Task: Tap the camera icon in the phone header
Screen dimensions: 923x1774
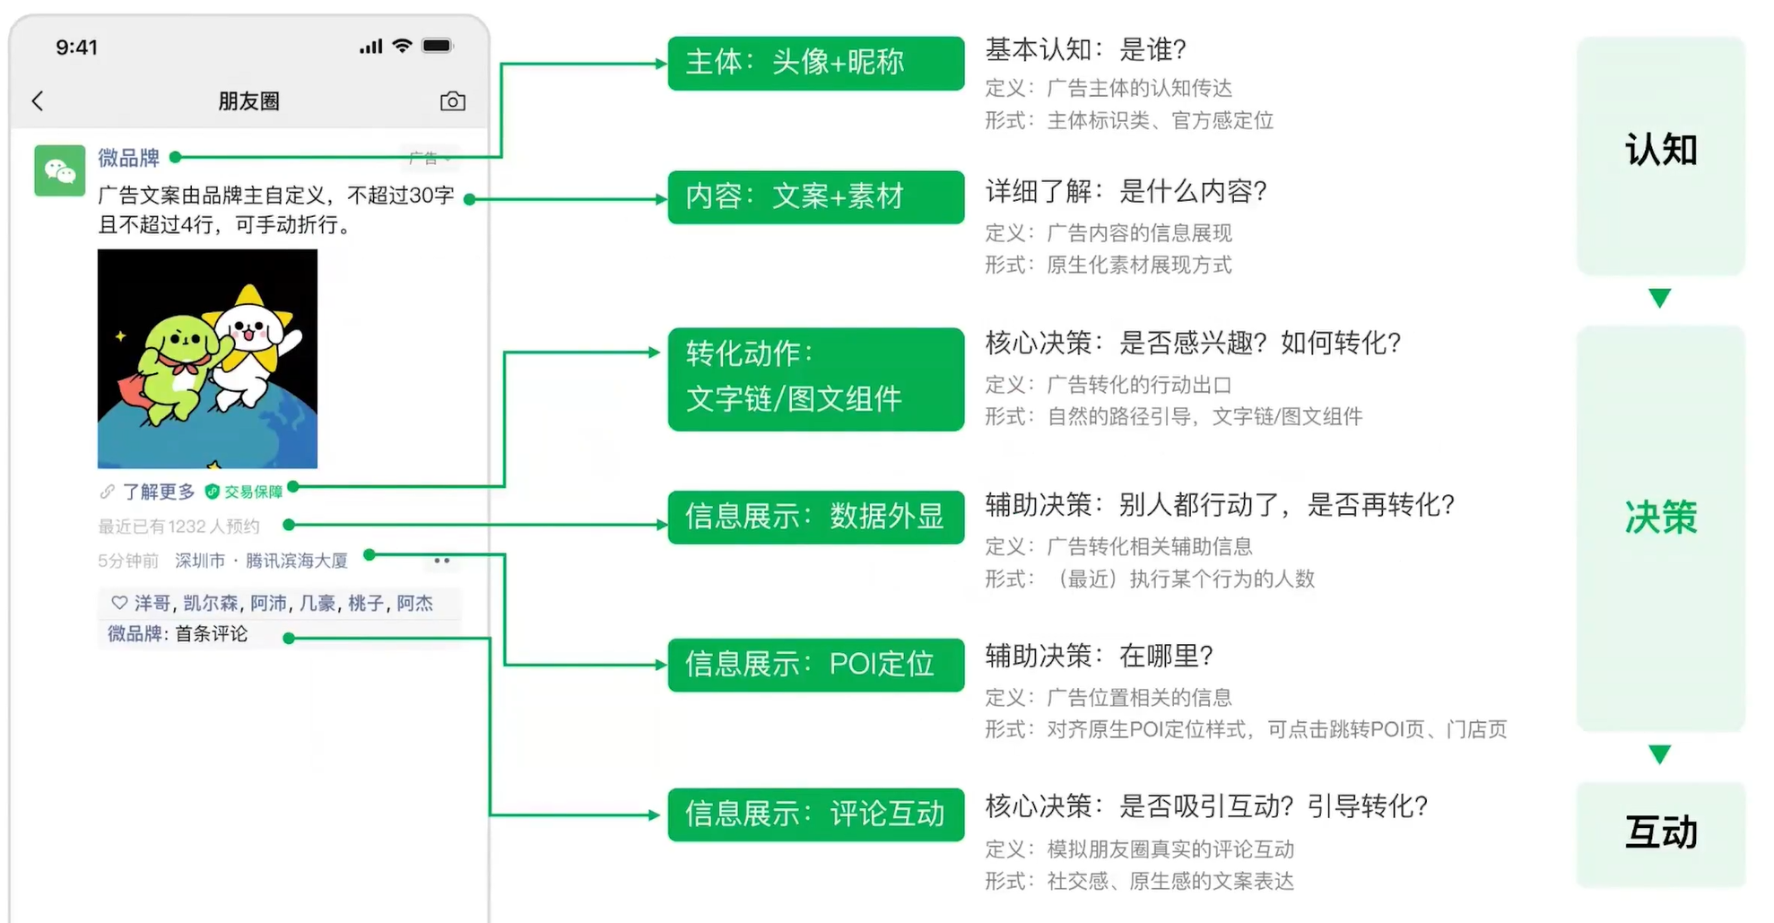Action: (453, 101)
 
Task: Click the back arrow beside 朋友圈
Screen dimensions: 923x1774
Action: (38, 101)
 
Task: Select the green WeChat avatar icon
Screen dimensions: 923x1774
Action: (59, 170)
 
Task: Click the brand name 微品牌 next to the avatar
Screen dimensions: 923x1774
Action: (128, 159)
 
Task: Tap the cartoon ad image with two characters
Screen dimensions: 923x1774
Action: (207, 359)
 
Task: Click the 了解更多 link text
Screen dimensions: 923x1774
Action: (158, 492)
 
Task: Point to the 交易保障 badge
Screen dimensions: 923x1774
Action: (245, 492)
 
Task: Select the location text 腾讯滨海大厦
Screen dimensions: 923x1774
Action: (296, 561)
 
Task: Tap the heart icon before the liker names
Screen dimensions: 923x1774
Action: (119, 603)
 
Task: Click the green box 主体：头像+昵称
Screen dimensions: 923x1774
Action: (815, 63)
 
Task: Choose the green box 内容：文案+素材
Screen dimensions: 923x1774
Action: (815, 196)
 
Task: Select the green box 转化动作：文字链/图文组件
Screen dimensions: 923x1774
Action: (815, 379)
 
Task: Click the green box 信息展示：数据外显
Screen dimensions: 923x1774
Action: (815, 517)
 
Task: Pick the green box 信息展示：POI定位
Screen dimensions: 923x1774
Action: (815, 665)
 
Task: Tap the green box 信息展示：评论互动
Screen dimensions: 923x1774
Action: (815, 814)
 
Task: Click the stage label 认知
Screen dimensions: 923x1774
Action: (1660, 151)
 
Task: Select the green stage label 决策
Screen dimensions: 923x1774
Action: (1660, 518)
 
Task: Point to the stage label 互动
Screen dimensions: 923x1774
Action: (1660, 832)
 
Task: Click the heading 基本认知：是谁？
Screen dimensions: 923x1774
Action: (1085, 50)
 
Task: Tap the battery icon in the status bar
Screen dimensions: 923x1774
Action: (438, 46)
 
